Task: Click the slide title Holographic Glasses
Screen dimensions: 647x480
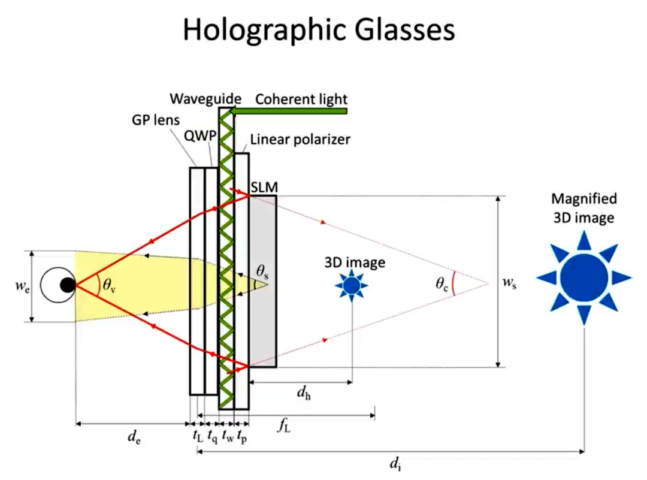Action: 319,30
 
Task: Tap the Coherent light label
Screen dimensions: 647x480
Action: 301,98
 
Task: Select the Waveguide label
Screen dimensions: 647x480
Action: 205,98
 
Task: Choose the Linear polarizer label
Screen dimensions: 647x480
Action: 300,140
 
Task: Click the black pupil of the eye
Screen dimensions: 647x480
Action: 68,286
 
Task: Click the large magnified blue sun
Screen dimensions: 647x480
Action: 584,277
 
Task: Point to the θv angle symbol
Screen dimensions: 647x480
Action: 108,285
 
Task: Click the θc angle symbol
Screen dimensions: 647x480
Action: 442,284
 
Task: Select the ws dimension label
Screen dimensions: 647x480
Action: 510,283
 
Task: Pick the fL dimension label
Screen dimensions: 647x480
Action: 283,426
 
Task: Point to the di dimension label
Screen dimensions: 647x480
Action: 395,462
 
